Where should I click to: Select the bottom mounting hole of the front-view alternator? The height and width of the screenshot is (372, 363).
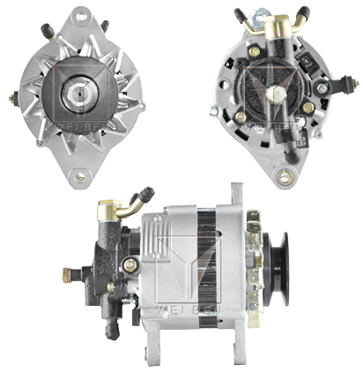pyautogui.click(x=80, y=176)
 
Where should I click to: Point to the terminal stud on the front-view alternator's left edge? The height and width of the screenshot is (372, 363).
pyautogui.click(x=15, y=98)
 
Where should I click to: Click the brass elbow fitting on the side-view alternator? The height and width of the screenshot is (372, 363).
pyautogui.click(x=111, y=210)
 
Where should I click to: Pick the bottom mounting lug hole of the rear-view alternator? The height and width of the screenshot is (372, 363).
pyautogui.click(x=283, y=178)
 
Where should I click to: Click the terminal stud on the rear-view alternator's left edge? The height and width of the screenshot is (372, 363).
pyautogui.click(x=214, y=111)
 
